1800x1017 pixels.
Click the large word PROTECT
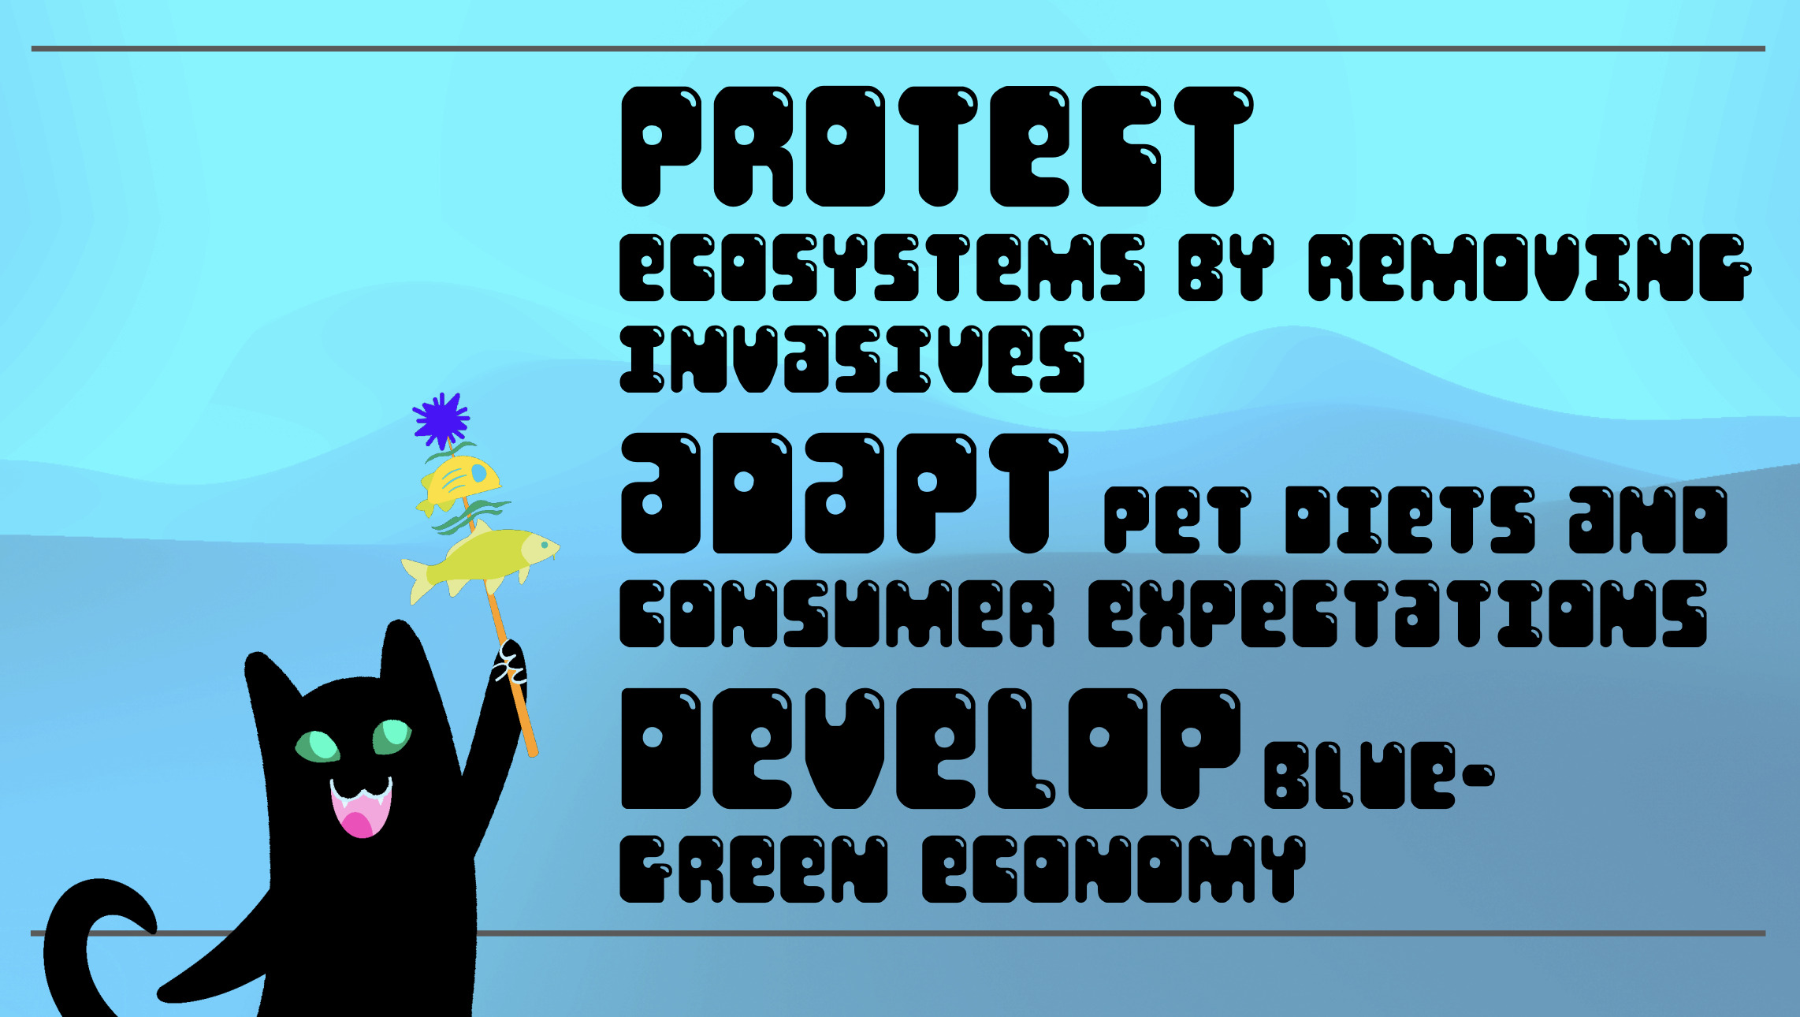937,147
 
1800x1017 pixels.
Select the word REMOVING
1530,268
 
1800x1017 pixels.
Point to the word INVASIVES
853,359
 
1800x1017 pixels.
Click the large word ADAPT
845,494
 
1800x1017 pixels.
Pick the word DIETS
1410,520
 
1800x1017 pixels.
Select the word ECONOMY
1114,869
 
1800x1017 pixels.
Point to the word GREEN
754,869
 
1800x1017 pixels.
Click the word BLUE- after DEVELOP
1379,776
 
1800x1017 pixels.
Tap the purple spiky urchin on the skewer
441,420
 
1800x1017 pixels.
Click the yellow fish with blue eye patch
459,482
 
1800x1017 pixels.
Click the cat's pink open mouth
361,807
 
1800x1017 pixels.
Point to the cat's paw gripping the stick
511,666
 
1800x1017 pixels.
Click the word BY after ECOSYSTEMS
1226,268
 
